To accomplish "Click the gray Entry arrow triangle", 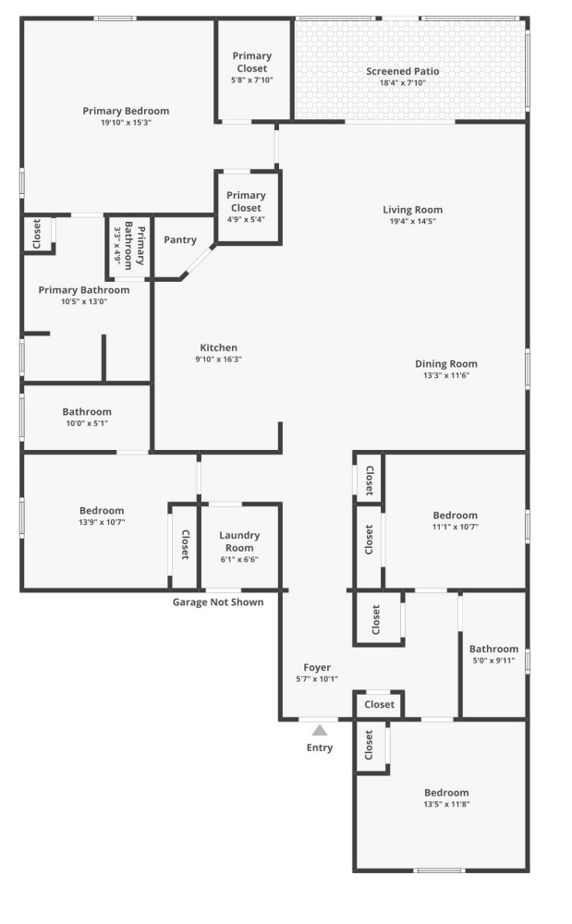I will pyautogui.click(x=319, y=730).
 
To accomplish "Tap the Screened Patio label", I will pyautogui.click(x=402, y=71).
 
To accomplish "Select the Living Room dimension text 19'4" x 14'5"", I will pyautogui.click(x=412, y=222).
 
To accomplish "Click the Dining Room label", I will pyautogui.click(x=445, y=363).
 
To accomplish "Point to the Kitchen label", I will pyautogui.click(x=218, y=347).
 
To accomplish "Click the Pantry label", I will pyautogui.click(x=180, y=240).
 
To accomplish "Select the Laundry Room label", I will pyautogui.click(x=239, y=541).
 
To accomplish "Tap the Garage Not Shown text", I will pyautogui.click(x=218, y=602).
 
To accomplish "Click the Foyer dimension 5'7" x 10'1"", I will pyautogui.click(x=317, y=679).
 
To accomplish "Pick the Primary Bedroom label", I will pyautogui.click(x=126, y=111).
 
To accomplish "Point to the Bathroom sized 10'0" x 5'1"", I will pyautogui.click(x=87, y=418).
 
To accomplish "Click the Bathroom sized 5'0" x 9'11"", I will pyautogui.click(x=493, y=655).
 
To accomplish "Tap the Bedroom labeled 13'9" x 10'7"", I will pyautogui.click(x=102, y=517).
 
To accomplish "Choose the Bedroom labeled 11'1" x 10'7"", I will pyautogui.click(x=455, y=521).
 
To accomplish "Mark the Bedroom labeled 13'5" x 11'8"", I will pyautogui.click(x=446, y=798).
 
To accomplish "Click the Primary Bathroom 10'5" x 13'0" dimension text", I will pyautogui.click(x=84, y=301).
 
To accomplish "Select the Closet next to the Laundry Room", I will pyautogui.click(x=184, y=544).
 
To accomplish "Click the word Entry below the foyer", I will pyautogui.click(x=320, y=748).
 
